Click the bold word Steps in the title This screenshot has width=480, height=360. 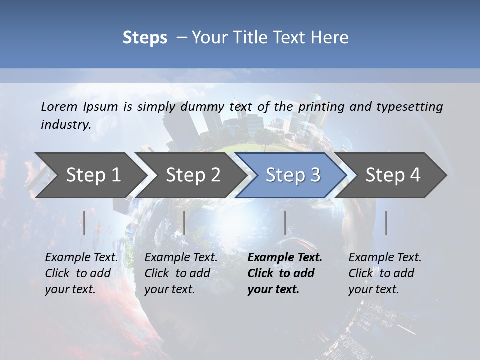click(x=145, y=38)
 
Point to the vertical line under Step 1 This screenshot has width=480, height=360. click(x=84, y=223)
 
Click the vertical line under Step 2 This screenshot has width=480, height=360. click(x=184, y=223)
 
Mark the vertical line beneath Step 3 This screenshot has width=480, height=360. click(x=285, y=223)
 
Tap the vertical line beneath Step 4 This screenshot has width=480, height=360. click(x=386, y=223)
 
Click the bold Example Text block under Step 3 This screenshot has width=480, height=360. click(x=284, y=273)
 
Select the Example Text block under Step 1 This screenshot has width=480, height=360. click(x=81, y=273)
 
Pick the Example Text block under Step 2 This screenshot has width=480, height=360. click(x=181, y=273)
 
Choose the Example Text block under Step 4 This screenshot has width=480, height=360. click(x=385, y=273)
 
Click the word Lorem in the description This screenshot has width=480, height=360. click(x=59, y=106)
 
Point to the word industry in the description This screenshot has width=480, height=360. click(x=65, y=124)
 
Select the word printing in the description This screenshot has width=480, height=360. click(x=321, y=106)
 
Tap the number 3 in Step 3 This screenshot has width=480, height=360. click(x=315, y=175)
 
